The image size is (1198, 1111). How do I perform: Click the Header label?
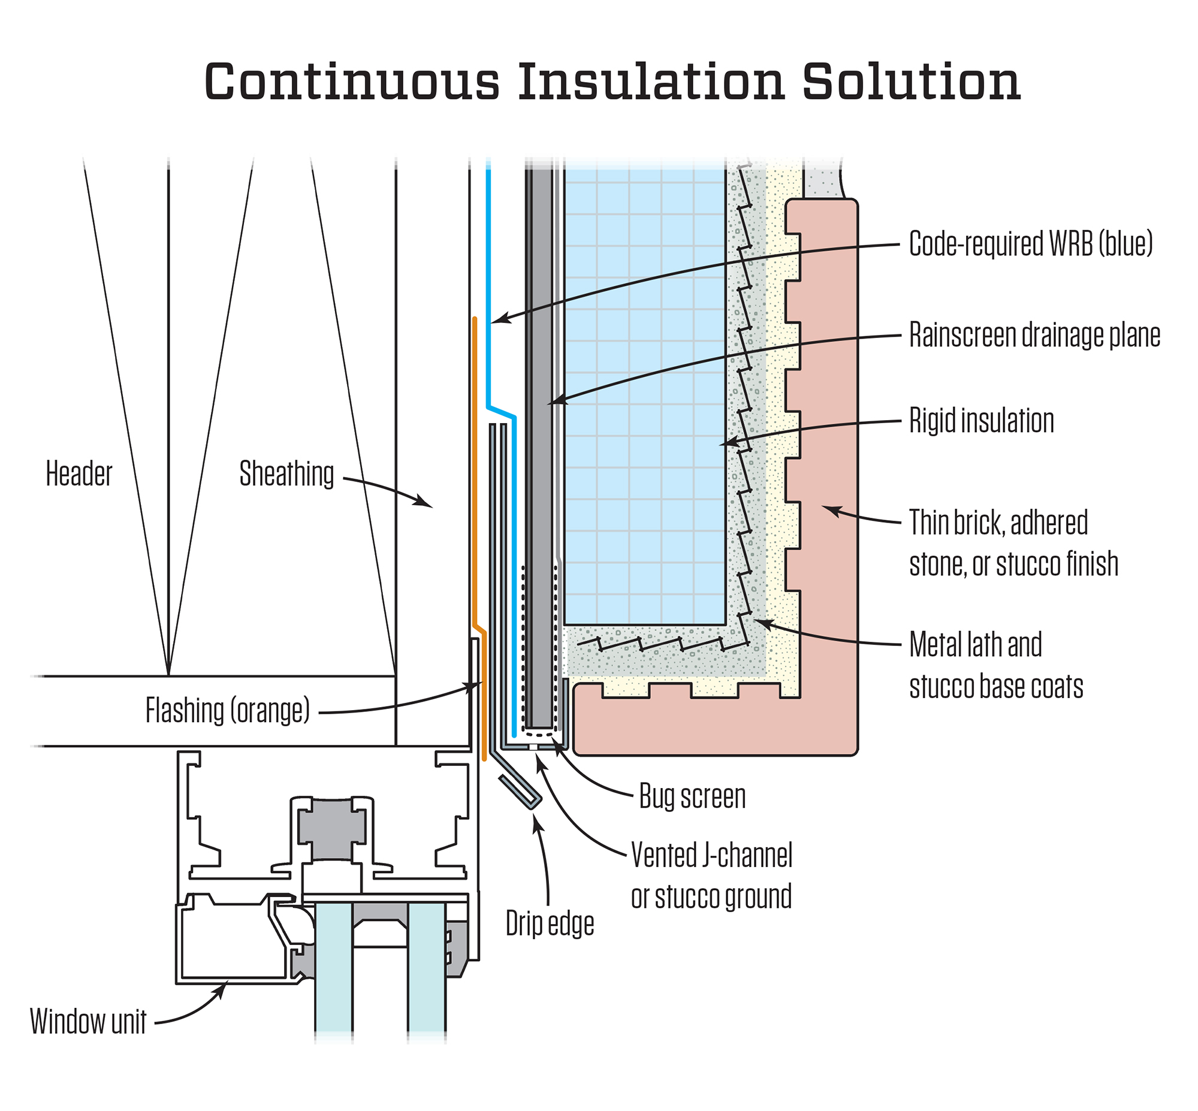point(79,475)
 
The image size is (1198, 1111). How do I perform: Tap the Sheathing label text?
point(286,475)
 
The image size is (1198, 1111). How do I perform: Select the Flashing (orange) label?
point(227,711)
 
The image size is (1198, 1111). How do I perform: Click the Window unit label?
point(88,1022)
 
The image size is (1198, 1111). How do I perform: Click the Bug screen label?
point(692,796)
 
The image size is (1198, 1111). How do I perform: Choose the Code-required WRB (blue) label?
point(1030,243)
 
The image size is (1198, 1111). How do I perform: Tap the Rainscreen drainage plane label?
point(1034,335)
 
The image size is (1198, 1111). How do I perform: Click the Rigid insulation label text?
point(981,420)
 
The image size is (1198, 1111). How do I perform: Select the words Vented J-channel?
point(711,855)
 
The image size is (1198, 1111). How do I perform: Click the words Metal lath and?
point(975,644)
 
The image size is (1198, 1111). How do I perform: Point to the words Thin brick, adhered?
point(998,523)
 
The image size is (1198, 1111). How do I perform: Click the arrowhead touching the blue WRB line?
point(500,319)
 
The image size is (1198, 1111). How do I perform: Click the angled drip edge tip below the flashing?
point(521,792)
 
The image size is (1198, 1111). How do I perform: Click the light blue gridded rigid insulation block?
point(644,391)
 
